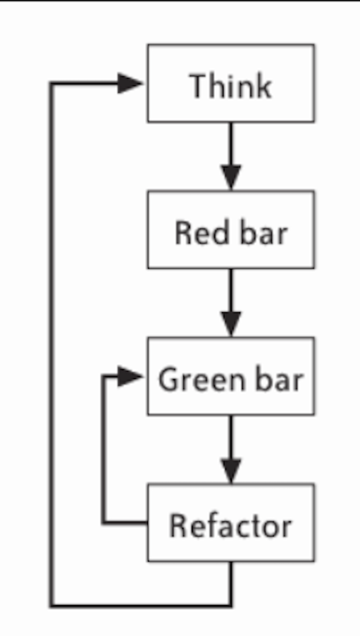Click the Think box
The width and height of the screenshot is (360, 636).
point(231,83)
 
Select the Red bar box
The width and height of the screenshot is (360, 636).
point(231,229)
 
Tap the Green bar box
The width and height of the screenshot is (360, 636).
point(231,376)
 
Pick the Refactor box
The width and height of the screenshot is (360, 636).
point(231,522)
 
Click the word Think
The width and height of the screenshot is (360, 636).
point(231,86)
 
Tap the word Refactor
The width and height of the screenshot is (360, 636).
point(230,526)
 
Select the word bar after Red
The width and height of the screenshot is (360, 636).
point(264,233)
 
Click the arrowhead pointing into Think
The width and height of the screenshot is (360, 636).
point(130,83)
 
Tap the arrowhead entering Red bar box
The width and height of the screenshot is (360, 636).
point(231,177)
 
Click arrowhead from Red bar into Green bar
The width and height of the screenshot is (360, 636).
point(231,324)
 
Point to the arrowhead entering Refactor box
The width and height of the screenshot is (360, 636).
point(231,471)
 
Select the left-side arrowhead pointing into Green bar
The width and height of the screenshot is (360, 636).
point(130,376)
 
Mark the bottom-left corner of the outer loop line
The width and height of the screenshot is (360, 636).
point(51,606)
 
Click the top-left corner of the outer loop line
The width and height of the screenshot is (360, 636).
point(51,83)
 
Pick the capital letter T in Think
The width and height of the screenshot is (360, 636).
point(199,86)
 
